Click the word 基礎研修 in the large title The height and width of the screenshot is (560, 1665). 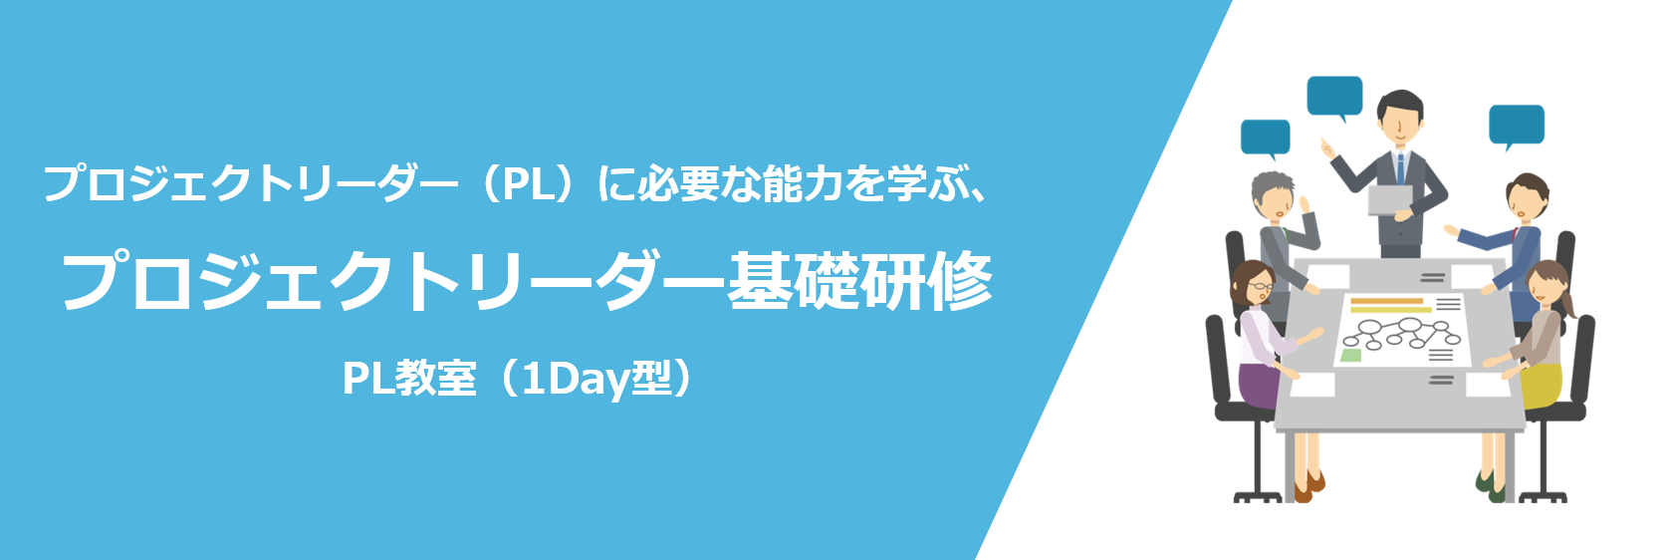pos(860,280)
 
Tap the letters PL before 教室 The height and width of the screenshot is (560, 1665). pos(367,378)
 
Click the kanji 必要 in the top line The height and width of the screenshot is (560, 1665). pos(678,183)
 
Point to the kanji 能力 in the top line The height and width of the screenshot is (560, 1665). pos(805,183)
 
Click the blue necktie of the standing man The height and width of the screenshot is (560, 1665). pos(1400,168)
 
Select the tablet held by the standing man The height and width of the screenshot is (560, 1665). pos(1389,200)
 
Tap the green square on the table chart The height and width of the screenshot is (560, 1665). pos(1350,355)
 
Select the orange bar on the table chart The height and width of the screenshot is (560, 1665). pos(1386,301)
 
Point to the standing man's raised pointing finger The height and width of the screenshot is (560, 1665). pos(1323,142)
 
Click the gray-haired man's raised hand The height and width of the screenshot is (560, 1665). pos(1304,206)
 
